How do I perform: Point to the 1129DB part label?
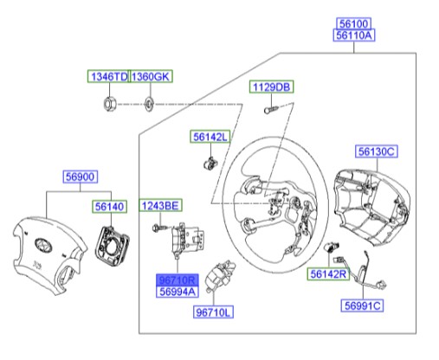[x=272, y=87]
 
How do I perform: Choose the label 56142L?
[x=210, y=138]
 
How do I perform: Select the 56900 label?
[x=81, y=177]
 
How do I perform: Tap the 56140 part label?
[x=110, y=207]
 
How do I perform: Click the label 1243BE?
[x=160, y=205]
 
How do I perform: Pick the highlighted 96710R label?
[x=176, y=281]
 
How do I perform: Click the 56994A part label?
[x=176, y=293]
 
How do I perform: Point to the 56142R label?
[x=329, y=275]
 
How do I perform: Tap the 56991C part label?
[x=363, y=305]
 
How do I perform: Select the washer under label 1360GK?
[x=149, y=104]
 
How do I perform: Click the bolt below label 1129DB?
[x=268, y=110]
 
